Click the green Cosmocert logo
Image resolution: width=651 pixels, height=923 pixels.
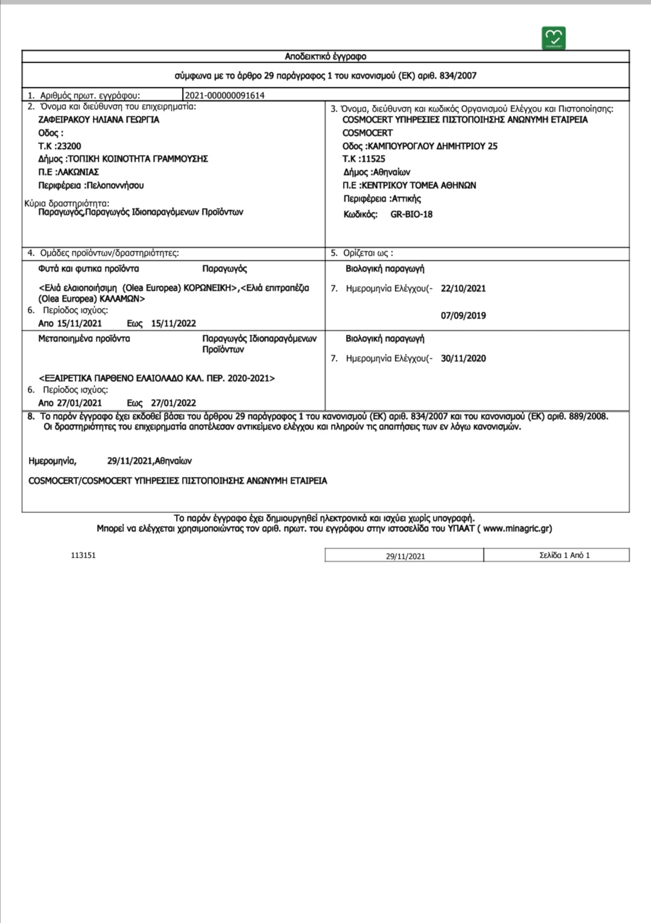pos(554,37)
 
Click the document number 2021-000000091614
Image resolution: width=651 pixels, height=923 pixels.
pos(224,95)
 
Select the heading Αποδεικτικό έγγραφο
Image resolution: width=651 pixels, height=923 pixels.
pos(325,57)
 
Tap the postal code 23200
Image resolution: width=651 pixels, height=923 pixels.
pos(69,146)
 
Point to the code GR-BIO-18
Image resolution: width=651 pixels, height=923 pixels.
pos(411,214)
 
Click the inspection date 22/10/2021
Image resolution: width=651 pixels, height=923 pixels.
pos(463,288)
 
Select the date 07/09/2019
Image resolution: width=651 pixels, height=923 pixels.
pos(463,315)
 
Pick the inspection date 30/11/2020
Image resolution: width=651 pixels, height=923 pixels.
pos(463,358)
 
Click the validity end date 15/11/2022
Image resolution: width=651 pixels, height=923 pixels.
pos(174,323)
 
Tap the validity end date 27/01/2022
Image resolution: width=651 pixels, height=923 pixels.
pos(174,403)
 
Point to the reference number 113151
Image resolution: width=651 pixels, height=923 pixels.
pos(83,555)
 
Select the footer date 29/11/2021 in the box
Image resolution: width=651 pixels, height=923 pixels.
pos(405,556)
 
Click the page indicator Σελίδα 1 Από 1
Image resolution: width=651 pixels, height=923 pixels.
pos(564,555)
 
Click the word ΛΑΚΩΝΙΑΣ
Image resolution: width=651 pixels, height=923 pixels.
pos(78,172)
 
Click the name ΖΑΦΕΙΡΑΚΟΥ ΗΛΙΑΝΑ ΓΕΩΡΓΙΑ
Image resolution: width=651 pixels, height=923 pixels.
pos(99,120)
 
